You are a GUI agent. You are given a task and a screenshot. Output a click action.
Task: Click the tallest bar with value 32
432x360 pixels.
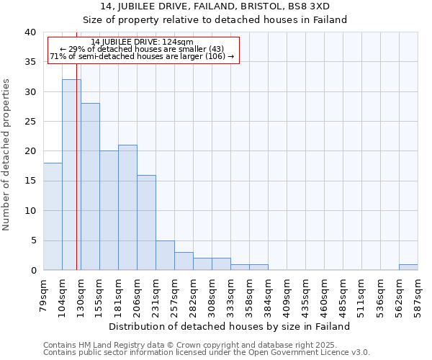[x=71, y=175]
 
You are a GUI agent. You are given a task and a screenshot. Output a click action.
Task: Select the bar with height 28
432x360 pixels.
[x=90, y=186]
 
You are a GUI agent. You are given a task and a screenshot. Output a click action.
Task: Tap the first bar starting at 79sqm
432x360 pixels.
[x=53, y=216]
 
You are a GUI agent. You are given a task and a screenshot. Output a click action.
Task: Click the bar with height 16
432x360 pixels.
[x=146, y=222]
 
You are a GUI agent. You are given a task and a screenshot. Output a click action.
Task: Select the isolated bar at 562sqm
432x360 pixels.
[x=408, y=267]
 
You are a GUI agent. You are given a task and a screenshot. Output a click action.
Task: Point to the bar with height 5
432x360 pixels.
[x=165, y=255]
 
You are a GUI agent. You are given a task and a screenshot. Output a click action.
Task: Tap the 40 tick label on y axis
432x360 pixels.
[x=30, y=32]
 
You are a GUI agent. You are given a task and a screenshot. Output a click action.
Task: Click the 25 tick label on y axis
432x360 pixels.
[x=30, y=122]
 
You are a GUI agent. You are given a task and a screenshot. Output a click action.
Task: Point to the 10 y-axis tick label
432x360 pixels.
[x=30, y=211]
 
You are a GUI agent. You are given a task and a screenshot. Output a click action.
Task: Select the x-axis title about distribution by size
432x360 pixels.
[x=230, y=326]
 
